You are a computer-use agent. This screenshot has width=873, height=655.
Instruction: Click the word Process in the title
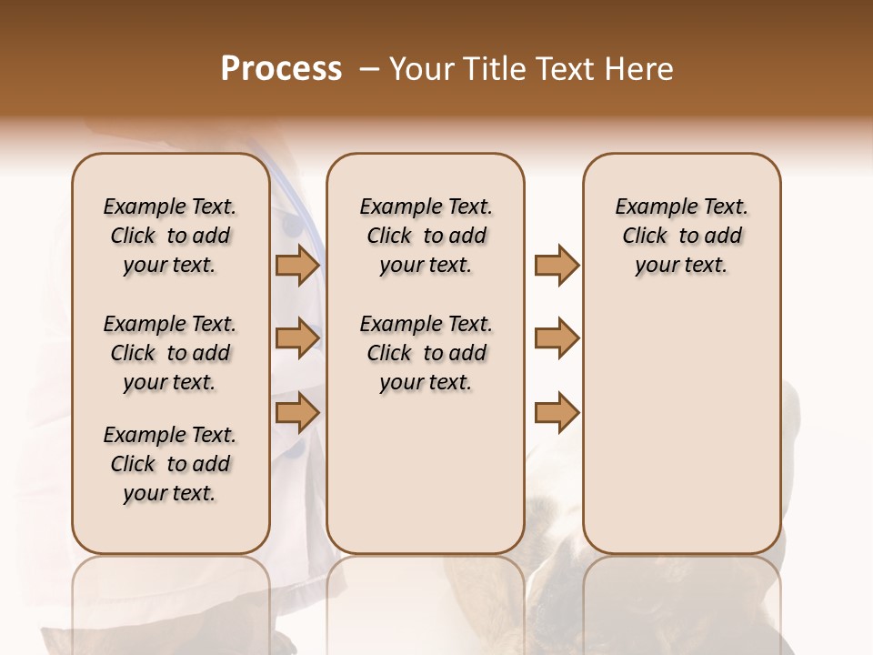pos(281,69)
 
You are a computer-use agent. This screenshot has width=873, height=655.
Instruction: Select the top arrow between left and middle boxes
pos(296,265)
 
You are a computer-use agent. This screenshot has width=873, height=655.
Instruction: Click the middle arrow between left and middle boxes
pos(296,338)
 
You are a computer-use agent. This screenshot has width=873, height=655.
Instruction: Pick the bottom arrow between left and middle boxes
pos(296,413)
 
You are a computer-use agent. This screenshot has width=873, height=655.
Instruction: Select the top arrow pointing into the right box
pos(557,265)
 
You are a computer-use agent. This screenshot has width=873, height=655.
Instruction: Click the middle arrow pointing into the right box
pos(557,338)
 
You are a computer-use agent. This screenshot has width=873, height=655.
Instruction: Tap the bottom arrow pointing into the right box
pos(557,413)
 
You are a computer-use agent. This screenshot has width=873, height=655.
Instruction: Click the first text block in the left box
pos(170,236)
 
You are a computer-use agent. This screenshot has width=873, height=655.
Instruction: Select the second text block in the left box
pos(170,353)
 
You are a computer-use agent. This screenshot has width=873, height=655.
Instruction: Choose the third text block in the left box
pos(170,464)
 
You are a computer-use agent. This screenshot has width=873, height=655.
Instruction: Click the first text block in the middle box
pos(426,236)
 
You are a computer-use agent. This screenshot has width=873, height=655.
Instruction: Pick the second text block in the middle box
pos(426,353)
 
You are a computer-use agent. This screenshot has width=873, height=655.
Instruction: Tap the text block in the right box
pos(681,236)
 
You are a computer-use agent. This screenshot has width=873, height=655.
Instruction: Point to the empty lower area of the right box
pos(681,437)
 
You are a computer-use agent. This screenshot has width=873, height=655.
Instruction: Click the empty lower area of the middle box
pos(426,473)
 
